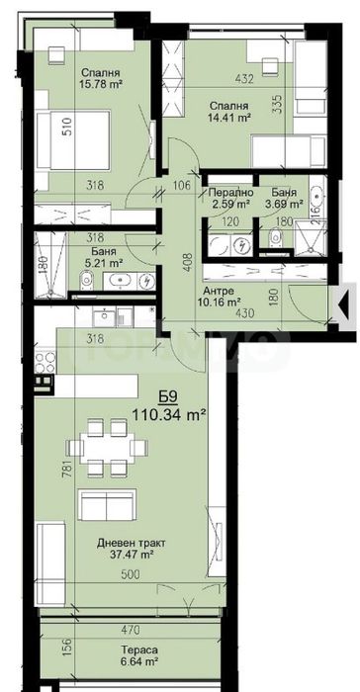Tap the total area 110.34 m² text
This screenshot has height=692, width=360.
[169, 415]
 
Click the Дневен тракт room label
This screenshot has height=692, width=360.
[131, 542]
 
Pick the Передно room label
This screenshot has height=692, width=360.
[231, 193]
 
